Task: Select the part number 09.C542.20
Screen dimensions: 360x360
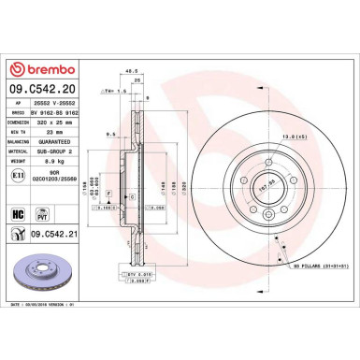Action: pyautogui.click(x=40, y=91)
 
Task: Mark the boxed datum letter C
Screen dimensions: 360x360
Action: pyautogui.click(x=134, y=195)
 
